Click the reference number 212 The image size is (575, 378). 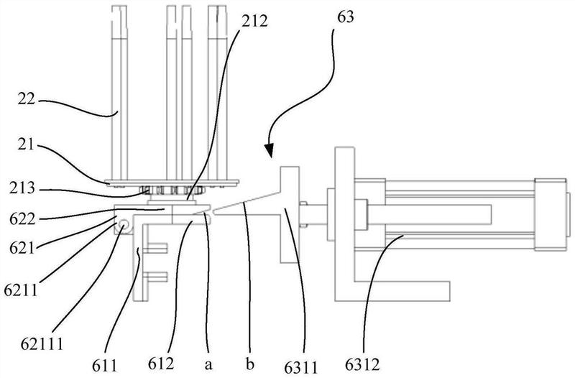tap(254, 22)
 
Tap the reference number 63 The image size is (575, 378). tap(346, 17)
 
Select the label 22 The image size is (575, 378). tap(26, 99)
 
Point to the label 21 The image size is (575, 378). tap(26, 145)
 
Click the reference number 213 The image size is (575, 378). tap(22, 188)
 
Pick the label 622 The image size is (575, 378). tap(22, 219)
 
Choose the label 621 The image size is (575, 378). tap(22, 249)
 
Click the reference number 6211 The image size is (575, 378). tap(21, 290)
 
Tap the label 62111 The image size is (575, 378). tap(42, 344)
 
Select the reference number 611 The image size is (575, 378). tap(104, 365)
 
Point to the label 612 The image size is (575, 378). tap(161, 364)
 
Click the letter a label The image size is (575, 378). tap(208, 365)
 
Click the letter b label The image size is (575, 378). tap(250, 364)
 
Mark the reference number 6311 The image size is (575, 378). tap(301, 367)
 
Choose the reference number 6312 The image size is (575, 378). tap(362, 365)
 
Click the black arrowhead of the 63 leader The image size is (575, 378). tap(269, 150)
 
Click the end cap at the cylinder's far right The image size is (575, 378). tap(551, 215)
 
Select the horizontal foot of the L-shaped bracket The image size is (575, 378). tap(392, 292)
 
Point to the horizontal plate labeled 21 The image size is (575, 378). tap(172, 182)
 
